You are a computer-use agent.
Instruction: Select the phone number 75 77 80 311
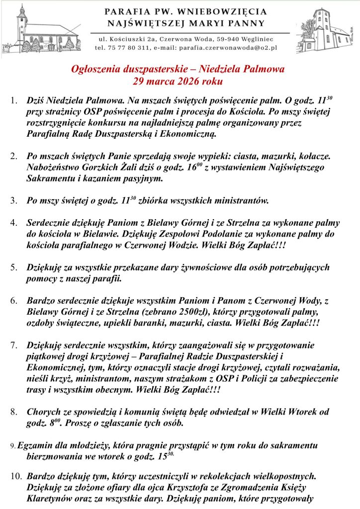click(125, 48)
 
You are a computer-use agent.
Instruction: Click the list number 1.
click(13, 101)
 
